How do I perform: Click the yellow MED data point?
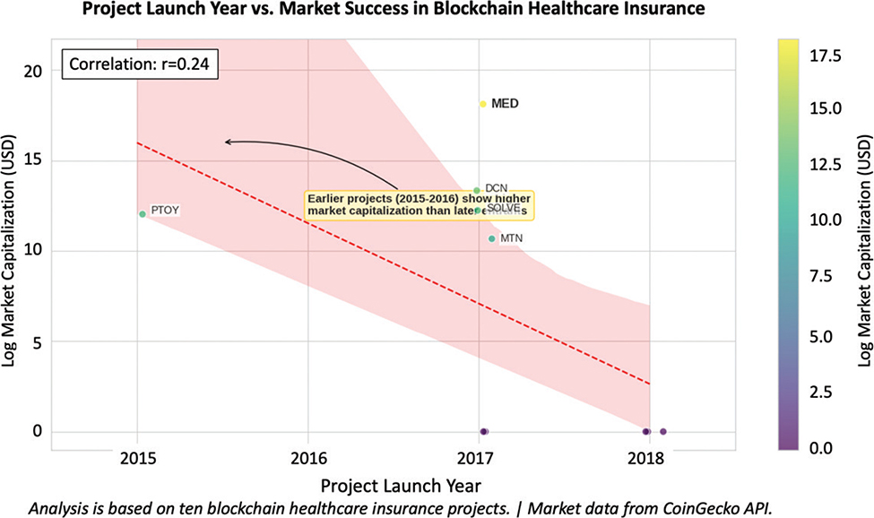[x=482, y=104]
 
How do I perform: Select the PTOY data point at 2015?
[x=143, y=214]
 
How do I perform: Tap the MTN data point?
[x=492, y=238]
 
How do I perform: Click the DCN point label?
[x=496, y=188]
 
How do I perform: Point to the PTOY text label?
[x=165, y=211]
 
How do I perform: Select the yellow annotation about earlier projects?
[x=419, y=205]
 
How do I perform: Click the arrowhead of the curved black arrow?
[x=228, y=142]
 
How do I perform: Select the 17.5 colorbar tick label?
[x=824, y=56]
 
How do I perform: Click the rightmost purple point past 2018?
[x=663, y=432]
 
